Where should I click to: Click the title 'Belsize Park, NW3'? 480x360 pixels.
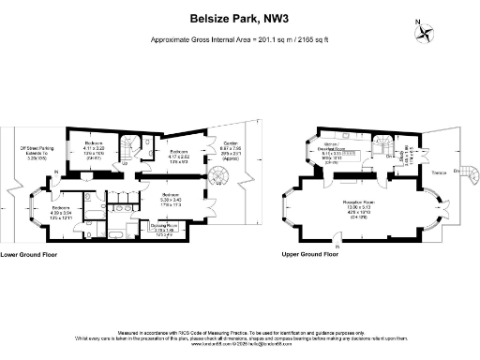[239, 17]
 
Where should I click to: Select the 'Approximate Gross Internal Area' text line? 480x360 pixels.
[239, 40]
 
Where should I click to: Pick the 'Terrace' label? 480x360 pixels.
[439, 174]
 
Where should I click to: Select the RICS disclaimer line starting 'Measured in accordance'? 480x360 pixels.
[239, 331]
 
